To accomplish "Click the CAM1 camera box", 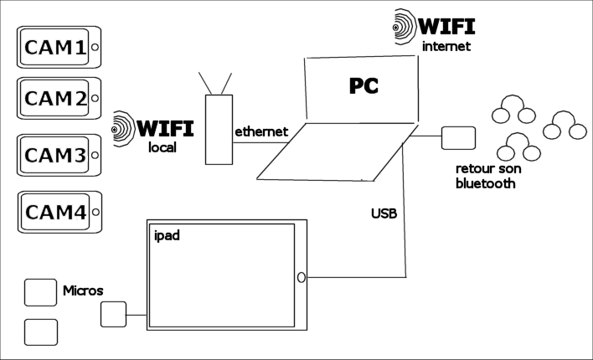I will tap(58, 48).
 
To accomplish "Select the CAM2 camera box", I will tap(58, 100).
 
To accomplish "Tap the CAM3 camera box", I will tap(58, 155).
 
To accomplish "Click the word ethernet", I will tap(261, 131).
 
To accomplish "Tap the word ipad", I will tap(167, 235).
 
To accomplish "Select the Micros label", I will tap(83, 291).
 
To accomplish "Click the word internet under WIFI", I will tap(447, 46).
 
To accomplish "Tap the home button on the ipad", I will tap(300, 277).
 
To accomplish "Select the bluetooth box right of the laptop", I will tap(458, 137).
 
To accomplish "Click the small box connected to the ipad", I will tap(113, 314).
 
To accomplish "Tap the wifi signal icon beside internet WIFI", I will tap(406, 24).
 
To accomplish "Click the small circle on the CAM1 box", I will tap(95, 48).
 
